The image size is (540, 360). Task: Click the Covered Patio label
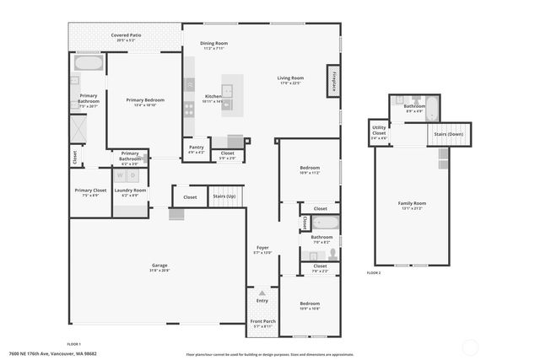click(125, 35)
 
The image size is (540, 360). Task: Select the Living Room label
click(290, 78)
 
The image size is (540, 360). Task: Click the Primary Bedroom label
click(145, 99)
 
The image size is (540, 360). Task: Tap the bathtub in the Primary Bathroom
click(89, 63)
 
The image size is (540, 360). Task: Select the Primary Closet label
click(89, 191)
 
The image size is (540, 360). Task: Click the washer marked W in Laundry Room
click(120, 176)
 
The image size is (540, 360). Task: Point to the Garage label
click(159, 266)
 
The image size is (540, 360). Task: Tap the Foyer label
click(262, 249)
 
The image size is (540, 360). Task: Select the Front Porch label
click(262, 321)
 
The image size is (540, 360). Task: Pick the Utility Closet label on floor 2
click(379, 131)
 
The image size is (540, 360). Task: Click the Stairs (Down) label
click(448, 134)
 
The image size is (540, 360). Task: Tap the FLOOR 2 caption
click(374, 273)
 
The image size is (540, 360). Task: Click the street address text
click(52, 353)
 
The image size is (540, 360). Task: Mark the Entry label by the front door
click(262, 300)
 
